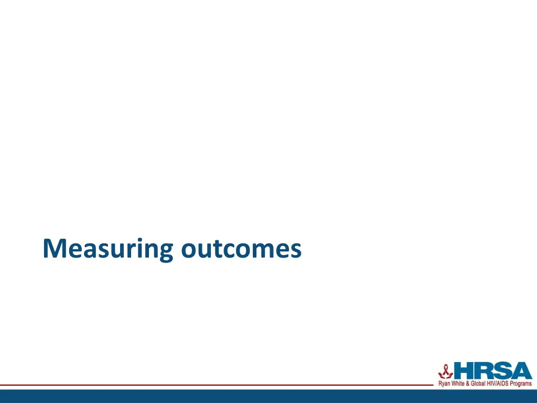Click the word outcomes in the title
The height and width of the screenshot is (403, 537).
241,249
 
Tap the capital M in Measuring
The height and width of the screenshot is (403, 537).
53,248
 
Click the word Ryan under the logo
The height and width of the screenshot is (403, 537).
444,384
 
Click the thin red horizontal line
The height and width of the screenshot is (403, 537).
210,385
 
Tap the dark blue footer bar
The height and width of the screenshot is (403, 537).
268,396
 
